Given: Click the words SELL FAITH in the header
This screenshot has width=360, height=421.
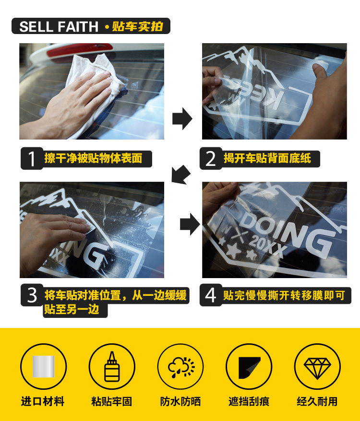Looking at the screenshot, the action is click(x=59, y=26).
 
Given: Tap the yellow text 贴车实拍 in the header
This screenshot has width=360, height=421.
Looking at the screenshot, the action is click(x=137, y=26).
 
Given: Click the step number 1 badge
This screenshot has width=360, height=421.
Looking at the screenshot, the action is click(x=32, y=158).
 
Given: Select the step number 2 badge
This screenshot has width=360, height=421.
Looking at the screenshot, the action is click(x=211, y=158).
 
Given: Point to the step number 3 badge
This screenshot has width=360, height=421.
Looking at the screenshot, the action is click(x=32, y=295).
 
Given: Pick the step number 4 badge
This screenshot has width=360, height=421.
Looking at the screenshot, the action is click(x=211, y=295).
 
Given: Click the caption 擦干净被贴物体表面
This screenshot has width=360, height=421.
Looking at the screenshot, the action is click(x=93, y=158).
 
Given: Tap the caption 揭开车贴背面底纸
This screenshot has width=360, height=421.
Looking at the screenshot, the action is click(x=267, y=158).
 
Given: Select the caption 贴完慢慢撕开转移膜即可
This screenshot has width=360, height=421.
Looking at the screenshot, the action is click(x=284, y=295).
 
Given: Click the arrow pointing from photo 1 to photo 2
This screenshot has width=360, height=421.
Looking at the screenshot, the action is click(x=182, y=118).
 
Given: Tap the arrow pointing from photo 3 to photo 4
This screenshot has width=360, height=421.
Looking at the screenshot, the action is click(x=190, y=224).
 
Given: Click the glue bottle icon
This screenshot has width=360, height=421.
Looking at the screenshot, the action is click(x=112, y=366).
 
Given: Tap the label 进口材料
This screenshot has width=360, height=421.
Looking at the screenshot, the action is click(x=43, y=402).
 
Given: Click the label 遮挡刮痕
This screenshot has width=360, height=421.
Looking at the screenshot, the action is click(x=249, y=402).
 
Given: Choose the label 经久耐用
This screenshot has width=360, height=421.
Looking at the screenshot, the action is click(x=317, y=402).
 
